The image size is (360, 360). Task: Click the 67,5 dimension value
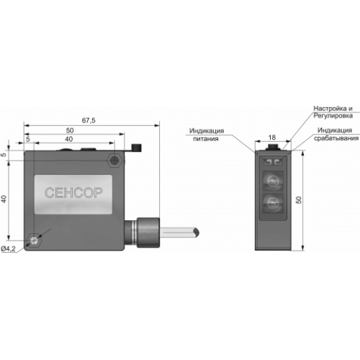pyautogui.click(x=89, y=120)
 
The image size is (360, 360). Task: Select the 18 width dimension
pyautogui.click(x=271, y=138)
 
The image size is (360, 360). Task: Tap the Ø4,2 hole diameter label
pyautogui.click(x=8, y=249)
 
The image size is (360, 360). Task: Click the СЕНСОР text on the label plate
pyautogui.click(x=73, y=192)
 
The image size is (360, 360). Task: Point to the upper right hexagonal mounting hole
pyautogui.click(x=115, y=160)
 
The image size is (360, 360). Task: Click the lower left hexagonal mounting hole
pyautogui.click(x=35, y=240)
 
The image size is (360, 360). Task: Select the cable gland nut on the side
pyautogui.click(x=148, y=233)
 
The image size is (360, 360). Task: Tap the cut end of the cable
pyautogui.click(x=197, y=233)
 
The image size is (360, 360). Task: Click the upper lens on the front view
pyautogui.click(x=273, y=181)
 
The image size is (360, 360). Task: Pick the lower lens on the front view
pyautogui.click(x=273, y=202)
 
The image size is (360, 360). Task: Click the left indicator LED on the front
pyautogui.click(x=267, y=162)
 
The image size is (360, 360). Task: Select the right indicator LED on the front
pyautogui.click(x=278, y=162)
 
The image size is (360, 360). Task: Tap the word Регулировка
pyautogui.click(x=333, y=116)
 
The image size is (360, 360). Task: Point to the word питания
pyautogui.click(x=206, y=139)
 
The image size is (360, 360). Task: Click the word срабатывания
pyautogui.click(x=336, y=138)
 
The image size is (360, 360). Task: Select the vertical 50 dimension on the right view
pyautogui.click(x=299, y=199)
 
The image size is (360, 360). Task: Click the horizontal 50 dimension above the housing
pyautogui.click(x=70, y=130)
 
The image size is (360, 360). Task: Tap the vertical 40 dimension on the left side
pyautogui.click(x=4, y=199)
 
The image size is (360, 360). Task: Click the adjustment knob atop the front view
pyautogui.click(x=273, y=147)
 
